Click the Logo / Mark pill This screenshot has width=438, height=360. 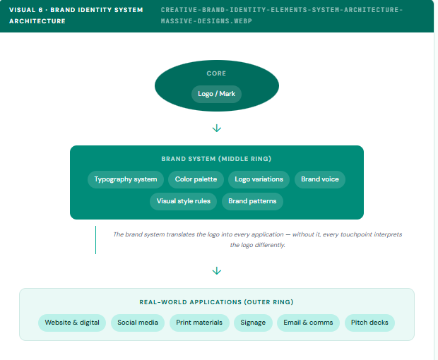click(x=216, y=94)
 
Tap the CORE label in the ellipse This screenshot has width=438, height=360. click(x=216, y=73)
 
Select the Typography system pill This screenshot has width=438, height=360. click(x=126, y=179)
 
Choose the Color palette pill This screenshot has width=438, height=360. click(x=196, y=179)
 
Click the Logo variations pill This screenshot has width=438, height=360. click(x=259, y=179)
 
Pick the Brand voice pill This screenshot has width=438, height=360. click(x=319, y=179)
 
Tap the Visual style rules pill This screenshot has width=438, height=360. click(x=183, y=201)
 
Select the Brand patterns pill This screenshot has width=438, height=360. click(x=252, y=201)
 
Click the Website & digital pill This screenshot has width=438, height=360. click(x=72, y=323)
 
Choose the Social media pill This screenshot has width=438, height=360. click(x=138, y=323)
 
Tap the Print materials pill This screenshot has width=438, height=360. click(x=199, y=323)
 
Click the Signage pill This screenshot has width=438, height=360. click(x=253, y=323)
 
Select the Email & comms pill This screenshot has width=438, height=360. click(x=307, y=323)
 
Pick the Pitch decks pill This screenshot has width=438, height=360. click(x=369, y=323)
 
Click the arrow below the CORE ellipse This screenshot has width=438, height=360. click(x=217, y=128)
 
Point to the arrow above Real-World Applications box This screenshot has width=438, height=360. click(x=217, y=271)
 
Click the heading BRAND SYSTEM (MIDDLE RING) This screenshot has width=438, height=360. click(x=216, y=159)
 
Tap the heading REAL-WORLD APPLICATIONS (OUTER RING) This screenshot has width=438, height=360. click(x=216, y=302)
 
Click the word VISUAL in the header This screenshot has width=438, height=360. click(x=23, y=10)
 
